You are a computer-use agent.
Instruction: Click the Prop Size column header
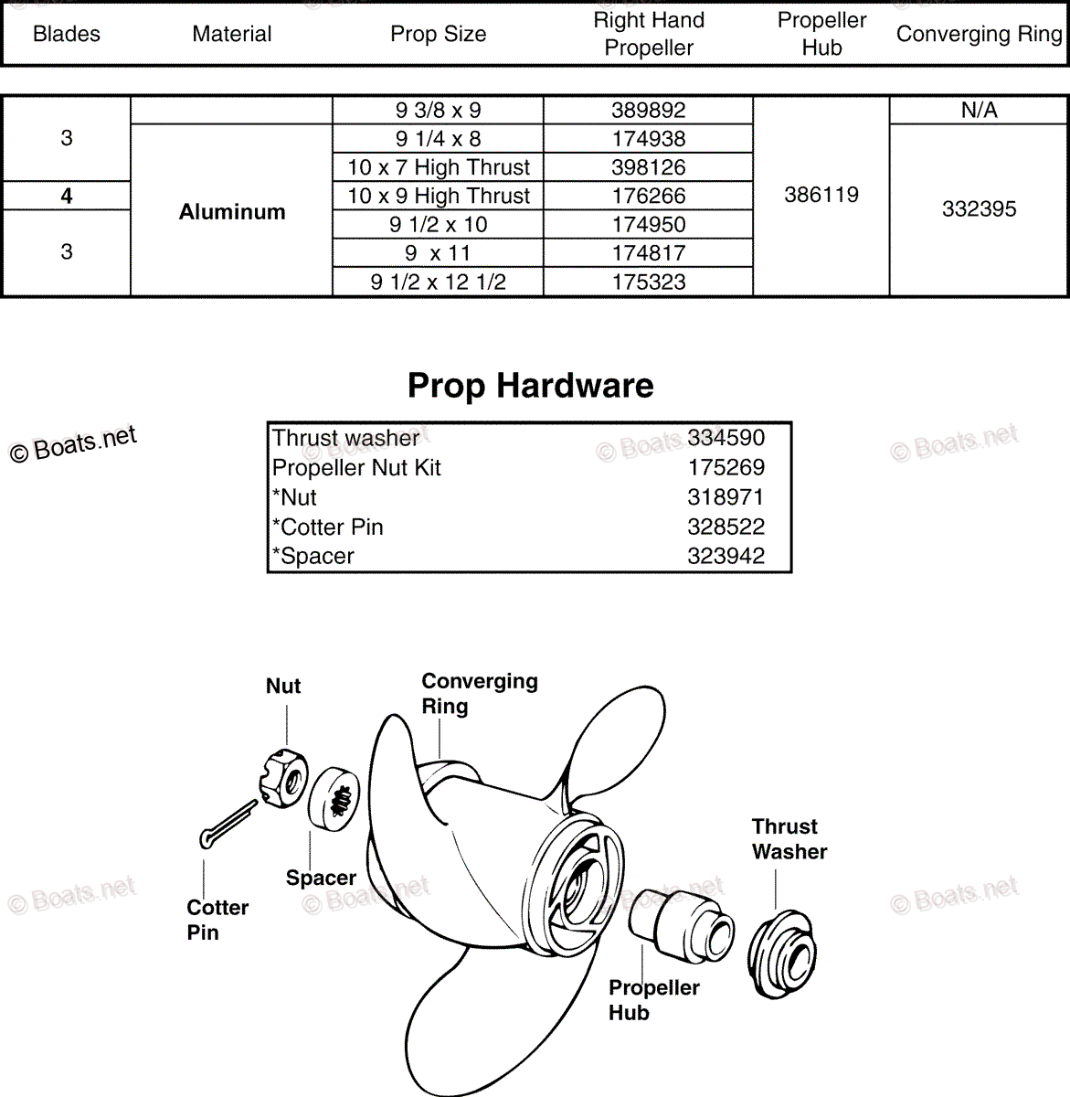(438, 34)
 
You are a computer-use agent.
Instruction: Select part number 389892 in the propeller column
(648, 111)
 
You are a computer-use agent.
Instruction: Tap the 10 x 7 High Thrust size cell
(438, 167)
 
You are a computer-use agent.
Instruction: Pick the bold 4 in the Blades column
(66, 196)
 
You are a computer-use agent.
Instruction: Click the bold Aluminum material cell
(232, 212)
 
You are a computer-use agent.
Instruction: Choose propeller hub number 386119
(821, 195)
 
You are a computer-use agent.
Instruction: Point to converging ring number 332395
(979, 209)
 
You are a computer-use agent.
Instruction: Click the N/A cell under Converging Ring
(979, 111)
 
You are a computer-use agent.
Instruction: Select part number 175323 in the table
(648, 282)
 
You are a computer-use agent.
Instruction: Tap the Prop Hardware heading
(530, 385)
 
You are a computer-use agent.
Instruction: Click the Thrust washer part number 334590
(726, 438)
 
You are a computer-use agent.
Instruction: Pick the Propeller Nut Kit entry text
(356, 467)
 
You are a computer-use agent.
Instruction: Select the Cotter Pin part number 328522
(726, 527)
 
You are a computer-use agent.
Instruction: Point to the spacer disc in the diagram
(334, 798)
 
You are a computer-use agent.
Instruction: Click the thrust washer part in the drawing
(783, 951)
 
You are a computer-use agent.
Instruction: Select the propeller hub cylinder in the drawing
(681, 926)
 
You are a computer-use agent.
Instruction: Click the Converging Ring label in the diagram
(479, 693)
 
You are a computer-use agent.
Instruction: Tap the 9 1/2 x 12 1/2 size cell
(438, 282)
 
